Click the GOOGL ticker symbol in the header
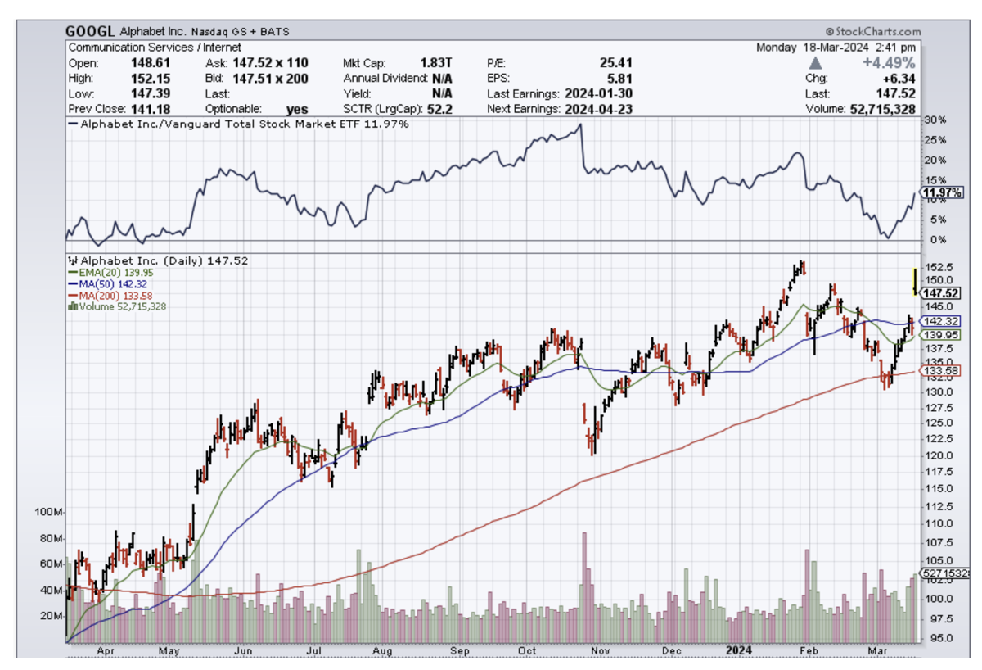(x=90, y=31)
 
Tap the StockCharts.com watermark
(x=871, y=30)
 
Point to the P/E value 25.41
(x=615, y=63)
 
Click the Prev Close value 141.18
(x=151, y=108)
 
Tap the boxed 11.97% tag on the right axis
(x=939, y=193)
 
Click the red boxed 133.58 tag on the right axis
(x=939, y=371)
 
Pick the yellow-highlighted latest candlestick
(x=914, y=281)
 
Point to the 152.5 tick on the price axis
(x=937, y=267)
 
